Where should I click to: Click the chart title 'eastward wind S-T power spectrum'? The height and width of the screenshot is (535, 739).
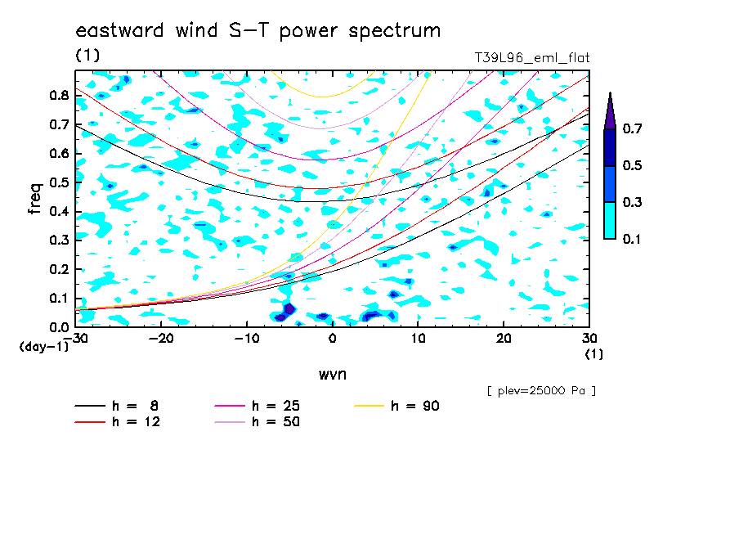258,30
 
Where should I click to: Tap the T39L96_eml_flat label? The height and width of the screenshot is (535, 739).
531,57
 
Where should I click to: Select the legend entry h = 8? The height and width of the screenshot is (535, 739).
117,406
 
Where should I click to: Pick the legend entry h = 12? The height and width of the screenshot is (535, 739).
118,421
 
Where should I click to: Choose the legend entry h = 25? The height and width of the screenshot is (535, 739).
258,406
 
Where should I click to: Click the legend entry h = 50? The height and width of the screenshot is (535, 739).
258,421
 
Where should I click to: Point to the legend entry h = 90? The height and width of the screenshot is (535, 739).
396,406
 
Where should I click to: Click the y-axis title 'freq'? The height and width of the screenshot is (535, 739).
35,199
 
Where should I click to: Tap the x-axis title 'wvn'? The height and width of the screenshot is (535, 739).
332,375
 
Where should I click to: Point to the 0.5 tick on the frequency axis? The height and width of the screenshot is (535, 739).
60,182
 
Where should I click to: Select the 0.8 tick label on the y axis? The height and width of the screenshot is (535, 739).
60,96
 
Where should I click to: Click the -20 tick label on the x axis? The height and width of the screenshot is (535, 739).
161,339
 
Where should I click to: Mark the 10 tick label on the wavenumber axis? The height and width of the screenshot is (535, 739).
418,339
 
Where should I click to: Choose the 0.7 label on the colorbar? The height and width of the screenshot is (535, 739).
632,128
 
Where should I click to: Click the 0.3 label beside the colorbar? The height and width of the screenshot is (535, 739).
632,202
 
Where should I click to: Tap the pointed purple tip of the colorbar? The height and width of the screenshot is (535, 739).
611,93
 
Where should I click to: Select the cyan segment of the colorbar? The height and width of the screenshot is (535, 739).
610,220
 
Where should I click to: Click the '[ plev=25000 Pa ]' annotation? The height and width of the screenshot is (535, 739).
541,391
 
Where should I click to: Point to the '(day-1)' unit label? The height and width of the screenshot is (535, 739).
44,347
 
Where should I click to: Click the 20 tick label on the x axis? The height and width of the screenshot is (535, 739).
504,339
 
